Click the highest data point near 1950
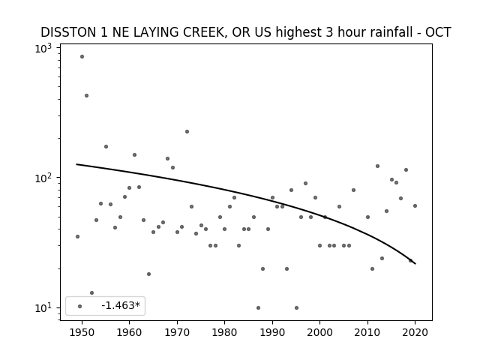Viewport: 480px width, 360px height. click(x=82, y=57)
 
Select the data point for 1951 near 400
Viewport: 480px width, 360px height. click(x=87, y=96)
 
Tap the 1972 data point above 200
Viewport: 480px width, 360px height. click(x=187, y=132)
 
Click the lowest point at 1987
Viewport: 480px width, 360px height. click(x=258, y=308)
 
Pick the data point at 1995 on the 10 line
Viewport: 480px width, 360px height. click(x=297, y=308)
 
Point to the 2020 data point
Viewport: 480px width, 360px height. click(x=415, y=206)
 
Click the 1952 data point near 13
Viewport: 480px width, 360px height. click(x=91, y=293)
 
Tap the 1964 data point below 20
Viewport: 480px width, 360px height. click(x=148, y=274)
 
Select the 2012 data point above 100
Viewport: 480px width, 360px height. click(x=377, y=166)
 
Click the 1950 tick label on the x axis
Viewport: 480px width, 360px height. click(x=82, y=332)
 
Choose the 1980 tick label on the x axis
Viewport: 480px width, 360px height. click(x=224, y=332)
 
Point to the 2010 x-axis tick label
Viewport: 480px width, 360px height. click(x=367, y=332)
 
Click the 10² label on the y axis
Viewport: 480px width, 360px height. click(x=43, y=178)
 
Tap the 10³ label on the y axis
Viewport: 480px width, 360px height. click(x=43, y=48)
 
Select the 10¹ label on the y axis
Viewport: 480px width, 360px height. click(x=43, y=307)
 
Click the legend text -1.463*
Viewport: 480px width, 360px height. click(x=121, y=305)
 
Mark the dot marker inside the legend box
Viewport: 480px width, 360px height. click(x=80, y=307)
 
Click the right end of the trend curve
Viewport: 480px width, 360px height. click(x=415, y=263)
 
